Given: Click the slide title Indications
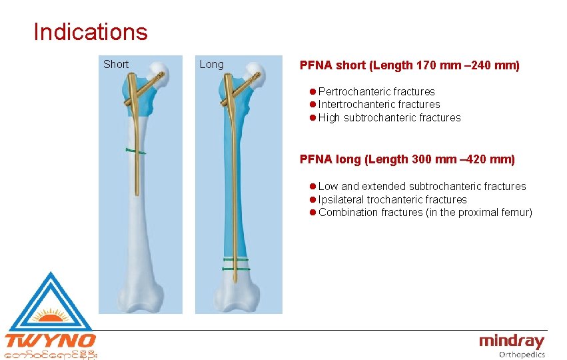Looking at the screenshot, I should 91,31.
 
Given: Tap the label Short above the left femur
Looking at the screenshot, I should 116,64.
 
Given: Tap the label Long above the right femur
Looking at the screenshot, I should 212,64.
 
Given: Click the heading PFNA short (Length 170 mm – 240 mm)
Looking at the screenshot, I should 409,65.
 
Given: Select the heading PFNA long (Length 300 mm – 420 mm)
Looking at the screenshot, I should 407,159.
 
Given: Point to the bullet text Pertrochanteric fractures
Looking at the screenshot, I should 376,91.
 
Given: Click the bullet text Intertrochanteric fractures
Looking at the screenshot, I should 379,104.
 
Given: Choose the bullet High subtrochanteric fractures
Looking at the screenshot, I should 389,117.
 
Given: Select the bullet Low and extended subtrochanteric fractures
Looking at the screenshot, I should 422,186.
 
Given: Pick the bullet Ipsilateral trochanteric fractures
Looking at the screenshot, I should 392,199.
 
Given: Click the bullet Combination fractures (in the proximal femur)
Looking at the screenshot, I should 425,212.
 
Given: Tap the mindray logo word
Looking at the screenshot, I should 511,342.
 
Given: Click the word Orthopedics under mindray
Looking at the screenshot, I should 522,355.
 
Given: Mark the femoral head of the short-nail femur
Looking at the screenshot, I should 158,69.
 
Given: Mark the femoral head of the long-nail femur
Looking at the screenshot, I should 254,69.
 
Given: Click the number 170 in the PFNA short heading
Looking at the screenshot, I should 426,65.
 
